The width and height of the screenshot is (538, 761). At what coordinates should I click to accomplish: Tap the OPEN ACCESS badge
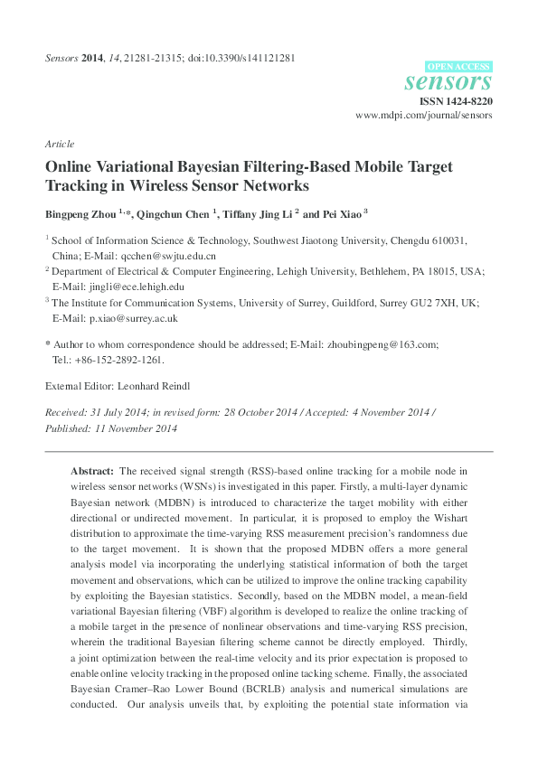click(458, 66)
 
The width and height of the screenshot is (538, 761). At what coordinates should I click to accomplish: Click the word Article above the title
click(59, 144)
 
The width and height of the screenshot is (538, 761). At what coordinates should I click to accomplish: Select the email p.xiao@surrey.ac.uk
click(127, 318)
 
